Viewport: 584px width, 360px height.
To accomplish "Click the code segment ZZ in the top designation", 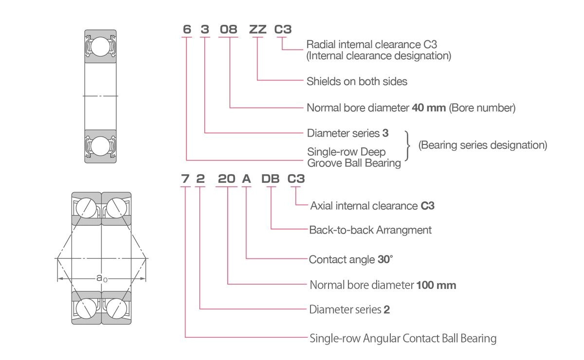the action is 257,29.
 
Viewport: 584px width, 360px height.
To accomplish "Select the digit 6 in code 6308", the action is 187,29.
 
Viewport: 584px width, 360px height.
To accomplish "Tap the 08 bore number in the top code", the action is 228,29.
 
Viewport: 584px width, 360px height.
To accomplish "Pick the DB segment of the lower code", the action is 271,179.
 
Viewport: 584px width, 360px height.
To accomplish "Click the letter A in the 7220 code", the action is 246,179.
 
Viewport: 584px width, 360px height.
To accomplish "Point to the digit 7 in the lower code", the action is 185,179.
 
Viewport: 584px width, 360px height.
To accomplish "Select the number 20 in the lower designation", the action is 227,179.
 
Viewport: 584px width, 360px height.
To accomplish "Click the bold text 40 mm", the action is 429,108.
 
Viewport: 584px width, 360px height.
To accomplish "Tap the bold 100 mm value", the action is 436,285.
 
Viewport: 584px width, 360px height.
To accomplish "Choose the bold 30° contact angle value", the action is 385,259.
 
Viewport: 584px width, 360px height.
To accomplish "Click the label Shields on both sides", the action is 357,81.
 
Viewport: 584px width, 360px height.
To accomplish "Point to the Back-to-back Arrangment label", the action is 370,230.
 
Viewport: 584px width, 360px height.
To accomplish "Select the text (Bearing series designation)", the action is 483,145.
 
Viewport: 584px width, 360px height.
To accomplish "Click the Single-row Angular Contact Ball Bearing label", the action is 403,339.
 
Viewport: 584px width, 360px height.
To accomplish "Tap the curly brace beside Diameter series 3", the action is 407,145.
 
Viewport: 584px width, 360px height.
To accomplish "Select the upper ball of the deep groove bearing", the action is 100,47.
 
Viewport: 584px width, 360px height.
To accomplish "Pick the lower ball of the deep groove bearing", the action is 100,146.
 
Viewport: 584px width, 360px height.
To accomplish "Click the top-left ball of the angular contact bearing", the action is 86,208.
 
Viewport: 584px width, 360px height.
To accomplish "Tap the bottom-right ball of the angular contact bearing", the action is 116,308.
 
